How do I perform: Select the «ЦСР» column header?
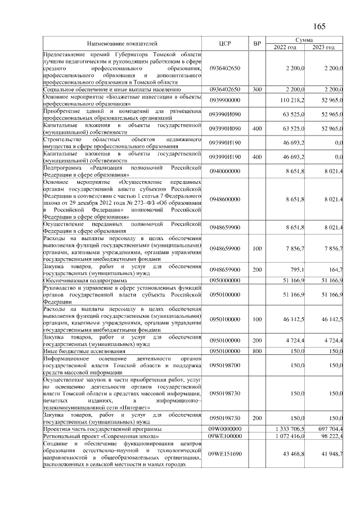(225, 43)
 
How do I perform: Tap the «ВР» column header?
(257, 43)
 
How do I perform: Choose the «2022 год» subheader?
(285, 47)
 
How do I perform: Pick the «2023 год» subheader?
(325, 47)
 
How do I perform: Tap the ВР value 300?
(257, 89)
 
